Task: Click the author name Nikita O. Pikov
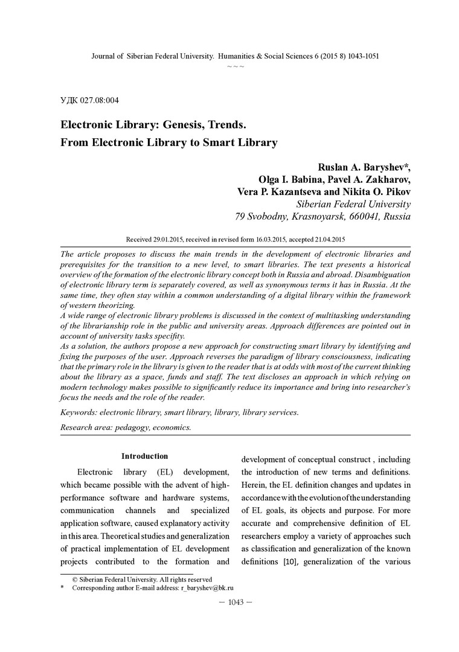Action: (x=373, y=191)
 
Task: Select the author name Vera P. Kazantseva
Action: (x=277, y=191)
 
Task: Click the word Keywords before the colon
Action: (x=79, y=412)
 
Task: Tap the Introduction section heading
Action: (x=145, y=456)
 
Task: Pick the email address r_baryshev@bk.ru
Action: (x=207, y=587)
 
